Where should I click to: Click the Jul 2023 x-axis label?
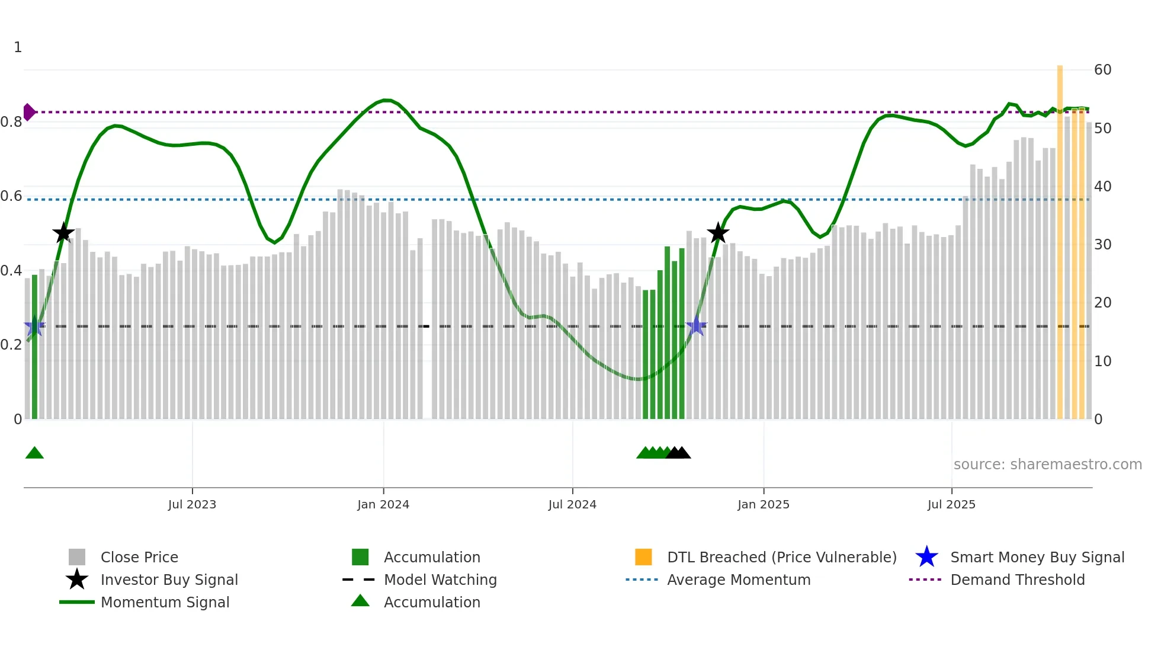click(192, 504)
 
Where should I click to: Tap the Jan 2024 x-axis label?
click(383, 504)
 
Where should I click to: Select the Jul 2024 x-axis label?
click(572, 504)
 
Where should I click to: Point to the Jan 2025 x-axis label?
click(763, 504)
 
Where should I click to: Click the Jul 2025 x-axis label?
click(951, 504)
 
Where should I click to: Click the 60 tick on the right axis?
click(1102, 70)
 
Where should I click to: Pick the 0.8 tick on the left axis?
click(11, 122)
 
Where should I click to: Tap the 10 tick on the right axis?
click(1102, 361)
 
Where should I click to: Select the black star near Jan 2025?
click(718, 233)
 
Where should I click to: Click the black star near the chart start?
click(63, 233)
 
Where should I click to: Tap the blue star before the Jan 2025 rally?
click(697, 326)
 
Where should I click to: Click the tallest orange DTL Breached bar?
click(1060, 237)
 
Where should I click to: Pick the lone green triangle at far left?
click(34, 453)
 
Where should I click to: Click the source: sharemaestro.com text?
click(1047, 464)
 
